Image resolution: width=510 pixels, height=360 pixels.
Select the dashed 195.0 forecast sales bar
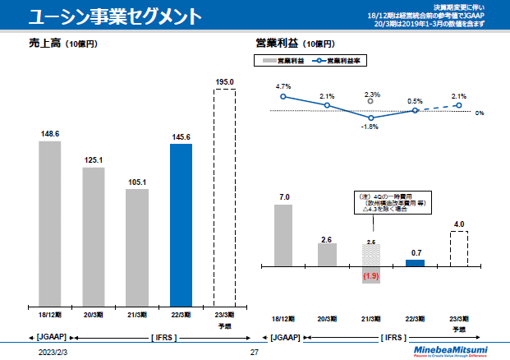(224, 197)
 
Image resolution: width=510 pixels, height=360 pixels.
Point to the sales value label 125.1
(94, 159)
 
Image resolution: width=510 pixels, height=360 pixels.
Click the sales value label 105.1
(137, 182)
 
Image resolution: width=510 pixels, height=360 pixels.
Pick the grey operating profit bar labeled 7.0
(283, 235)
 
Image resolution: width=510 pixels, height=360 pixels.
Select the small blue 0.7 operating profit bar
(415, 262)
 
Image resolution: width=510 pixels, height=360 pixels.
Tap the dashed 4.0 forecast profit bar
(458, 248)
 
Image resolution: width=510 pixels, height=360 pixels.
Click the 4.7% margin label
(283, 86)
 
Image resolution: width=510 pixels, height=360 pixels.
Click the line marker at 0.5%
(415, 110)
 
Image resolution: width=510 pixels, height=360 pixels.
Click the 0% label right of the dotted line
(478, 113)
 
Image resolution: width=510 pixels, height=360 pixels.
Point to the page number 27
(255, 352)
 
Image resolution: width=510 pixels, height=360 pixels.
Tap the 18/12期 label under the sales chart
(49, 315)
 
